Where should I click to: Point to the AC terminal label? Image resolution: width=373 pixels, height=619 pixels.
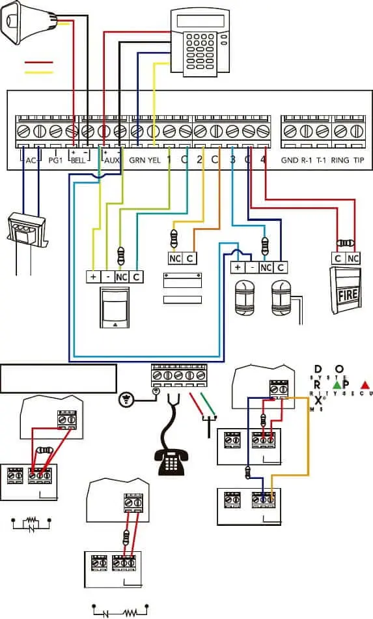tap(31, 160)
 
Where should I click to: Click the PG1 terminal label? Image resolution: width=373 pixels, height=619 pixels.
tap(57, 160)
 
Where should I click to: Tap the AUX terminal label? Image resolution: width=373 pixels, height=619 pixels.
tap(112, 160)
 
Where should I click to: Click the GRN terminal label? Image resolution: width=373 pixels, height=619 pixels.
tap(137, 160)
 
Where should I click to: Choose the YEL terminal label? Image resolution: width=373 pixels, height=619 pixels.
tap(154, 160)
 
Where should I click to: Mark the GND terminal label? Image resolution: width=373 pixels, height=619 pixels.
tap(289, 160)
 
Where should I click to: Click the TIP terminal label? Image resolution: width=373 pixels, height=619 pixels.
tap(358, 160)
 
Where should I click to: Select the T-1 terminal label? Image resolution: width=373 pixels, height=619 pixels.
tap(322, 160)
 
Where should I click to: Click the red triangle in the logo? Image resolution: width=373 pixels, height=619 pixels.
tap(365, 384)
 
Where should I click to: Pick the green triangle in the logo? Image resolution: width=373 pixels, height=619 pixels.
tap(337, 384)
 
